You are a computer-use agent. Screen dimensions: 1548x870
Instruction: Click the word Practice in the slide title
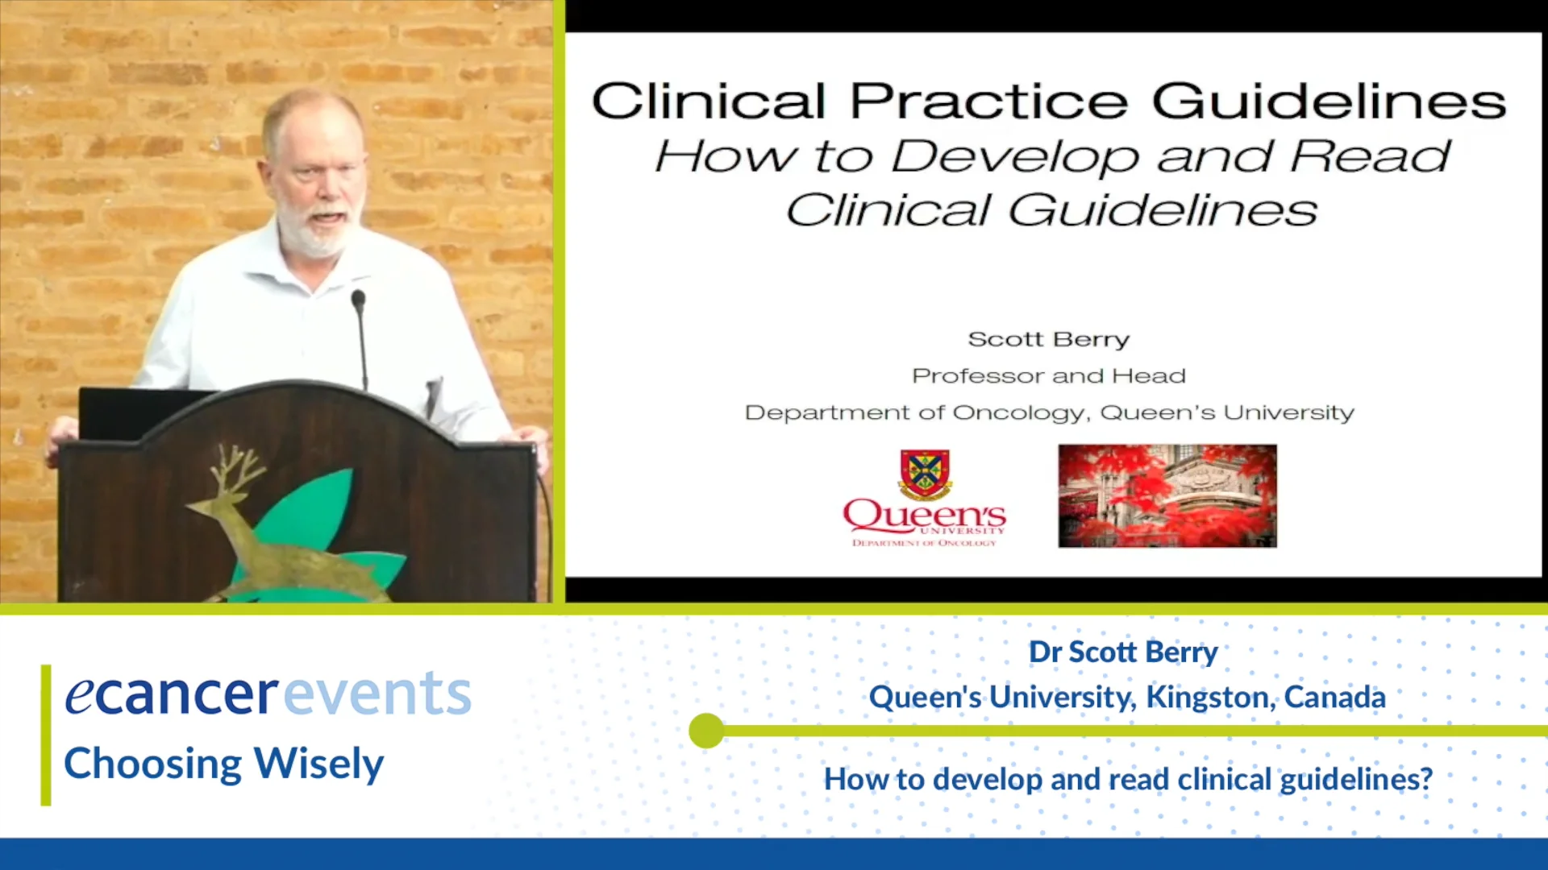(x=988, y=102)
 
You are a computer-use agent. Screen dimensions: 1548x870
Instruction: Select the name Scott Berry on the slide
(x=1048, y=339)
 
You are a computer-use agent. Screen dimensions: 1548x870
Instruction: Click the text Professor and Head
(x=1049, y=375)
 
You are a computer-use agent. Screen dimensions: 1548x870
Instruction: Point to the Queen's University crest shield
(x=925, y=474)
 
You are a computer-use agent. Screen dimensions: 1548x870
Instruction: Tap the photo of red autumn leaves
(x=1167, y=496)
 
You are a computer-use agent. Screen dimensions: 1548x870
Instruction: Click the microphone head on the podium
(x=358, y=299)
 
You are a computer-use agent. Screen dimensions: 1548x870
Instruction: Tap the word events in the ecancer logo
(x=377, y=693)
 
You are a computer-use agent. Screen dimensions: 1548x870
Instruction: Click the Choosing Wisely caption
(x=224, y=764)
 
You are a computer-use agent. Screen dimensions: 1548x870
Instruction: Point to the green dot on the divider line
(x=707, y=731)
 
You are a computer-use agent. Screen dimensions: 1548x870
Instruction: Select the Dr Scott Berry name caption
(x=1123, y=652)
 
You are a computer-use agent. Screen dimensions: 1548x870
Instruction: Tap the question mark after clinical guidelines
(x=1425, y=779)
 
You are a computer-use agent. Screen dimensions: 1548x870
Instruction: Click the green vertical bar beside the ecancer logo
(x=46, y=735)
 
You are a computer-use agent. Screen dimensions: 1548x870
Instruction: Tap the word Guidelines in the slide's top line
(x=1329, y=102)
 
